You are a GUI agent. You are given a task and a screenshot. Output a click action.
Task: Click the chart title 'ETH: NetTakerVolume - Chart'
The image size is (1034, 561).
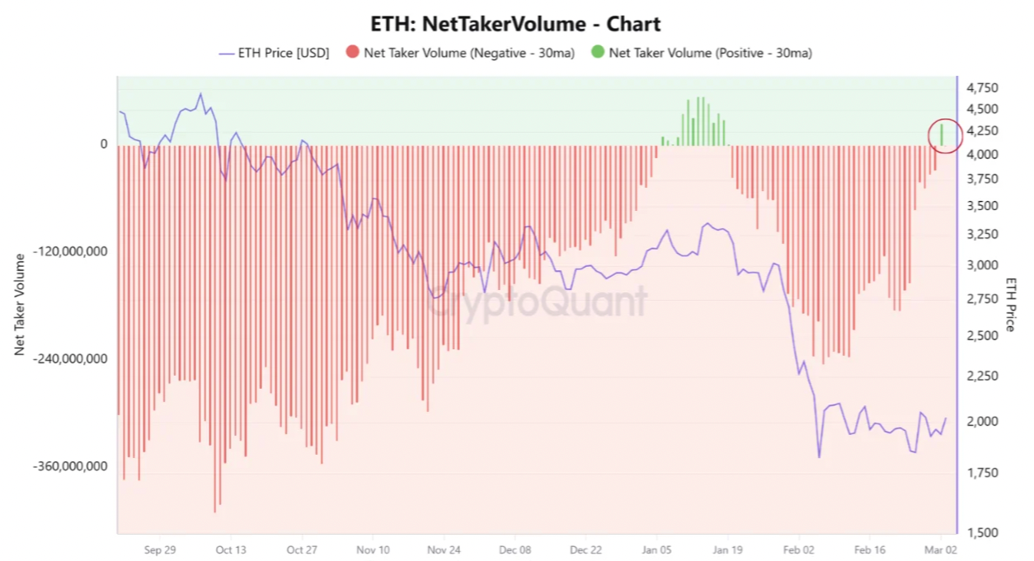[517, 24]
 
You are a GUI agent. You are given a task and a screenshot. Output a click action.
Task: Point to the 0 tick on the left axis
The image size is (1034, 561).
[104, 144]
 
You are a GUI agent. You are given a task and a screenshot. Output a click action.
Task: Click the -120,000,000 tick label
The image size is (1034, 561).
[72, 251]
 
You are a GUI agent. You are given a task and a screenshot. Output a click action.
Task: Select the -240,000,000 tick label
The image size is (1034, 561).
[72, 359]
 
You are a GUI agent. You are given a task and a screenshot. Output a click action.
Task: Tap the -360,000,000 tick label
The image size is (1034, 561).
[72, 466]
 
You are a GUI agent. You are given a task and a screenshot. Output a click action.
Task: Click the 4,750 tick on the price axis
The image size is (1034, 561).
[982, 88]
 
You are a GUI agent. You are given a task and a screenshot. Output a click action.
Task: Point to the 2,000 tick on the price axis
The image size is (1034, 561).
[982, 422]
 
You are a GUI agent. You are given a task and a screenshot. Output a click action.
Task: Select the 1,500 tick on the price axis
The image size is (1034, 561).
[982, 533]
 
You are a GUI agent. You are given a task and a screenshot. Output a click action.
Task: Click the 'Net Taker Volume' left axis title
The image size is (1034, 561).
[20, 305]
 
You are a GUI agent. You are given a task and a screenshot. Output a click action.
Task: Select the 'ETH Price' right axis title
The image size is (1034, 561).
[1011, 305]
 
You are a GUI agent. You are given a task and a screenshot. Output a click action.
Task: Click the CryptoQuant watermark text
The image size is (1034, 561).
[537, 302]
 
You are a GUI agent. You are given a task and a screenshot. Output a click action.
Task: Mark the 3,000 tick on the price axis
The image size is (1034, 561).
[982, 265]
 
